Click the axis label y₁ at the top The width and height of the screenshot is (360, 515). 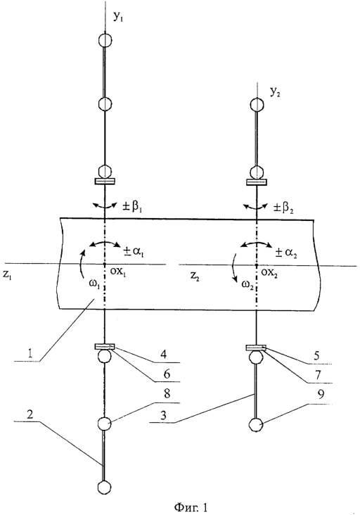click(x=118, y=18)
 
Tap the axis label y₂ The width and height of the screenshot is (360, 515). click(x=275, y=93)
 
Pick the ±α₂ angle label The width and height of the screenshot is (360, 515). click(x=286, y=253)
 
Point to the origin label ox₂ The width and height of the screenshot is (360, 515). click(x=269, y=273)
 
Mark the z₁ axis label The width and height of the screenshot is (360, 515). click(x=7, y=274)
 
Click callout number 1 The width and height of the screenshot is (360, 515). click(x=30, y=354)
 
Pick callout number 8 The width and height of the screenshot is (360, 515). click(x=167, y=393)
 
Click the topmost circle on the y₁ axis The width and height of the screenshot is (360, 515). click(x=105, y=39)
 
